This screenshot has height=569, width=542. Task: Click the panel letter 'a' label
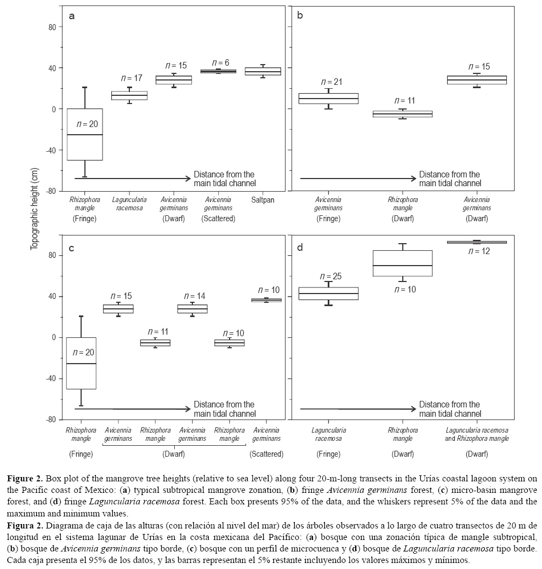[x=72, y=16]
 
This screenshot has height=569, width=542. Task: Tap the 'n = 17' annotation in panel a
[x=132, y=78]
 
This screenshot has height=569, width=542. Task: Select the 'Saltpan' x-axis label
[x=263, y=200]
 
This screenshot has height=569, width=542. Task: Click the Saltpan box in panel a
[x=263, y=71]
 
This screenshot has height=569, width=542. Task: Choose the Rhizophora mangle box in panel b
[x=403, y=114]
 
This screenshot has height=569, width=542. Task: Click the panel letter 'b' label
[x=300, y=16]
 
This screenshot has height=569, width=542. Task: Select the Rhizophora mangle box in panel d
[x=403, y=263]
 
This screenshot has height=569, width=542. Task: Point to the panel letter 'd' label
[x=300, y=248]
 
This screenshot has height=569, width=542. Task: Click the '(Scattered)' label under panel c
[x=266, y=454]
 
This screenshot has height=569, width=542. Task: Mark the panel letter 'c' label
[x=72, y=248]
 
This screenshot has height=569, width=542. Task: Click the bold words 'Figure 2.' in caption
[x=27, y=479]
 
